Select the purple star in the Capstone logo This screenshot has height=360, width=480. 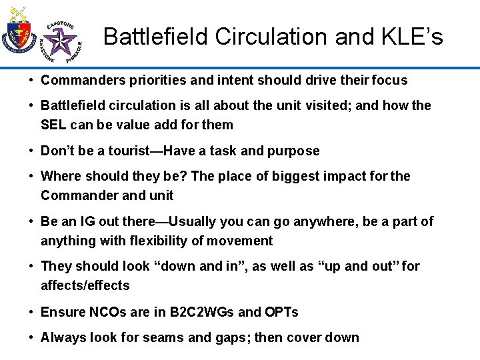coord(63,41)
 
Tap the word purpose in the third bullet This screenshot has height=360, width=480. coord(293,151)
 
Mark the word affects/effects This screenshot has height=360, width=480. coord(85,285)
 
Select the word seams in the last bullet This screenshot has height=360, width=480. coord(167,337)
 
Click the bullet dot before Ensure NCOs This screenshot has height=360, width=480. coord(31,312)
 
